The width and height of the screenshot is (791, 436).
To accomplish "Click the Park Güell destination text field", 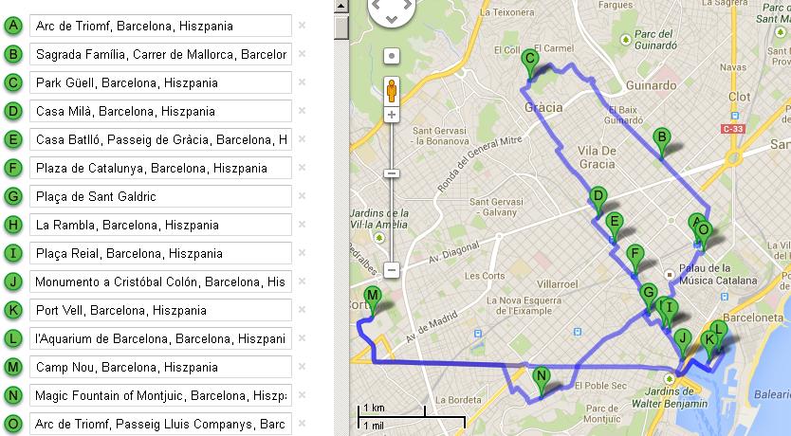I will pos(160,82).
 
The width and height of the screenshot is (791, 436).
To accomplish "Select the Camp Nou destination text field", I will pos(160,367).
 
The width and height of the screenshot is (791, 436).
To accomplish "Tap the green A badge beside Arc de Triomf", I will pos(13,26).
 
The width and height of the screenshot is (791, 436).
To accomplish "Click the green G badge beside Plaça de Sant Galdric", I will pos(13,196).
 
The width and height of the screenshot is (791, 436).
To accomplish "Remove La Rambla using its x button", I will pos(302,225).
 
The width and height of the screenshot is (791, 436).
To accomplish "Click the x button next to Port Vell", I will pos(302,310).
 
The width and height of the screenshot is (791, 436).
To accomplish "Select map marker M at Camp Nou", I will pos(373,298).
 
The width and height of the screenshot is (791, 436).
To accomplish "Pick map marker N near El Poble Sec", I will pos(542,377).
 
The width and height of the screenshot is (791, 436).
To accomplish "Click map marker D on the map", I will pos(598,198).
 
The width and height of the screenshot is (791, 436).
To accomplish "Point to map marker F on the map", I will pos(635,255).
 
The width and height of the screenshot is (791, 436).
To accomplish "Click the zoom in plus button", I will pos(391,115).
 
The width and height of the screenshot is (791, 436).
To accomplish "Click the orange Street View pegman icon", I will pos(391,90).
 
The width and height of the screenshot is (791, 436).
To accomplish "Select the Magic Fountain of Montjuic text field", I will pos(160,395).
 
